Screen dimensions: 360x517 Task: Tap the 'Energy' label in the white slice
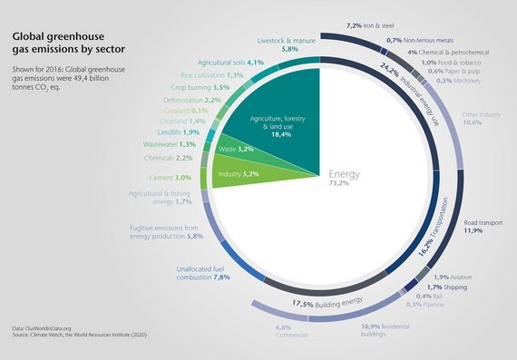coord(349,174)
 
